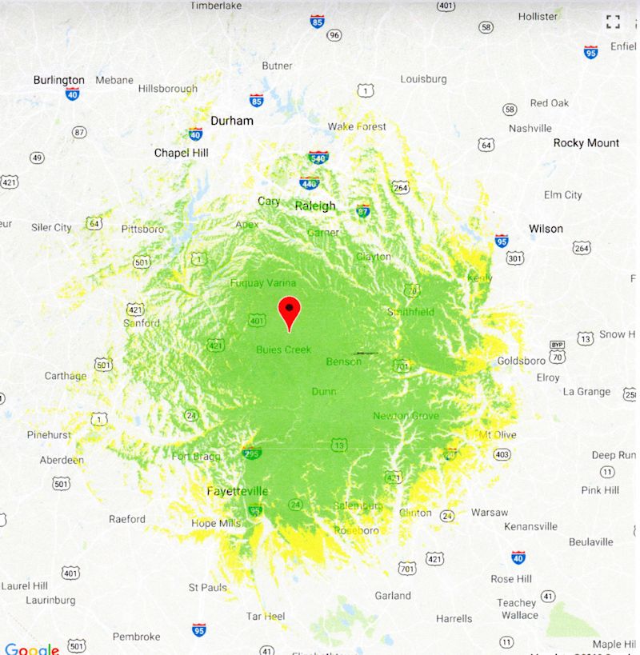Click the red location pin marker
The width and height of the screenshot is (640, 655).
[x=289, y=311]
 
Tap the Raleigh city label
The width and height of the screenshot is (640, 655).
[x=315, y=206]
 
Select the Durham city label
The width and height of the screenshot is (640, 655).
[x=232, y=121]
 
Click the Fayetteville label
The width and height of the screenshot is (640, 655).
[x=238, y=491]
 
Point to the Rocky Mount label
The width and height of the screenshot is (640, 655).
[x=586, y=143]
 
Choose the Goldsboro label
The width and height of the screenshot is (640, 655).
[x=521, y=361]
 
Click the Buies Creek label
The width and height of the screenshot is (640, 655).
[x=283, y=349]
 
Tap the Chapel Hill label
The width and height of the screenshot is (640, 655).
[x=182, y=153]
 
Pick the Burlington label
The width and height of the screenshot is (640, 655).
[x=58, y=80]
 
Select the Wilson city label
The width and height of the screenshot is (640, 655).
[x=546, y=229]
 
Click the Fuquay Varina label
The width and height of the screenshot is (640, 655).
[x=263, y=283]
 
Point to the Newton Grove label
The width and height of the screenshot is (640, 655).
[x=406, y=416]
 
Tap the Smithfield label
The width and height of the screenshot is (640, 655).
[x=410, y=312]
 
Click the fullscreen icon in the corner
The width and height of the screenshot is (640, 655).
[x=613, y=22]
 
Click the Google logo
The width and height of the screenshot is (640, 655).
[x=31, y=649]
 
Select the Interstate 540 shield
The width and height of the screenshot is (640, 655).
[x=318, y=158]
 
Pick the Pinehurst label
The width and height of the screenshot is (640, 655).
[x=49, y=435]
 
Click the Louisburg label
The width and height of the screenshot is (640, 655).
[x=423, y=79]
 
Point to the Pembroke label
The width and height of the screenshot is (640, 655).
[x=136, y=637]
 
